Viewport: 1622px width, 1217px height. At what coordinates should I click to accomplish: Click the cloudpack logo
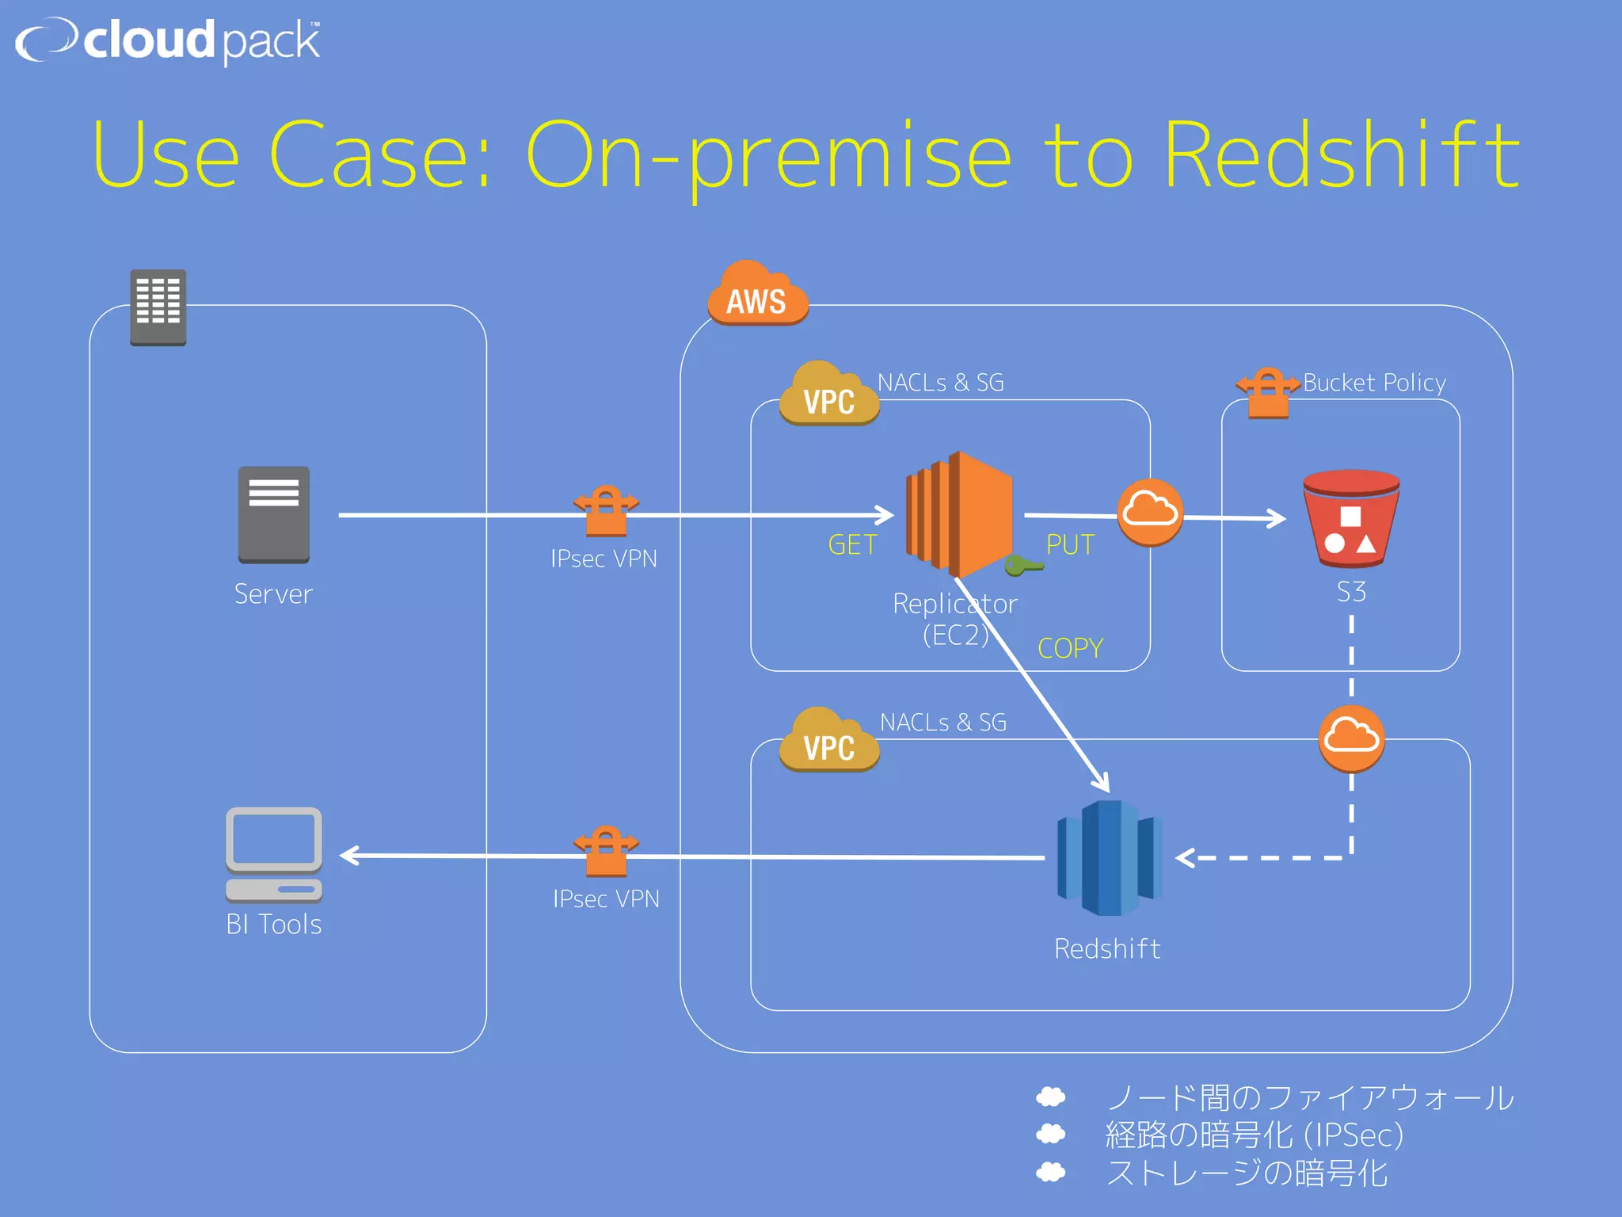click(168, 41)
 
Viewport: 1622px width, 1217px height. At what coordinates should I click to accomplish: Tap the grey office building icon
click(158, 307)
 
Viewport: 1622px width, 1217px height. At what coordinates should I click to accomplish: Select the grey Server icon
click(274, 515)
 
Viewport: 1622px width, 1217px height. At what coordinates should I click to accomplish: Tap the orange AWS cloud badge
click(757, 296)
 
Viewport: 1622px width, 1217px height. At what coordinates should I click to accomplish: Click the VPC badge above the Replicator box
click(828, 396)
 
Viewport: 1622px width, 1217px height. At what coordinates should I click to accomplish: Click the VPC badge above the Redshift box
click(828, 742)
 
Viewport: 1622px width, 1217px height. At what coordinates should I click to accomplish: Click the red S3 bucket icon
click(1351, 519)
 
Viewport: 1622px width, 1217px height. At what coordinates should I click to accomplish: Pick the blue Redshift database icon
click(1110, 858)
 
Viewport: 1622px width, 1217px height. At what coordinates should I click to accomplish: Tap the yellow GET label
click(852, 545)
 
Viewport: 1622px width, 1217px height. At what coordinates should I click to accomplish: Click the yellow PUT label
click(1070, 545)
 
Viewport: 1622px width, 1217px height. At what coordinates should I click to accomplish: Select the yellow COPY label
click(1070, 648)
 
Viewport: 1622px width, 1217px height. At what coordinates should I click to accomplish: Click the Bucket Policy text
click(1374, 383)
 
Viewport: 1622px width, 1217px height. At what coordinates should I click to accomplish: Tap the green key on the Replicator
click(1022, 566)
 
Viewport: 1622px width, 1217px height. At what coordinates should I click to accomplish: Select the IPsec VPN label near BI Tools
click(606, 898)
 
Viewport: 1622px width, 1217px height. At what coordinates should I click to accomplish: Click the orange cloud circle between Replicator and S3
click(1149, 513)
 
